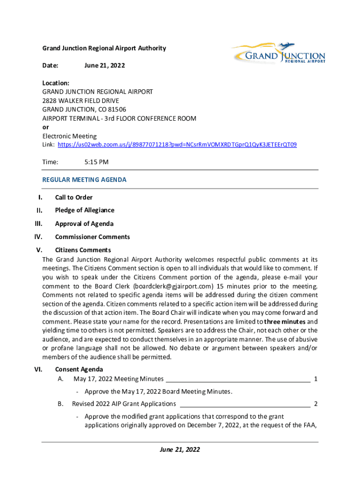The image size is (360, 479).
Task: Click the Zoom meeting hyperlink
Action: click(177, 145)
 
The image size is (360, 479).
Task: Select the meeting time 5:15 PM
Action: click(96, 162)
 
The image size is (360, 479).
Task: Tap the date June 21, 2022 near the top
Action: click(105, 66)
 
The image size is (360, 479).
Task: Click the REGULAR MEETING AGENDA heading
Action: click(85, 180)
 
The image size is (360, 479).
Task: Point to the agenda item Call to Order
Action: click(74, 197)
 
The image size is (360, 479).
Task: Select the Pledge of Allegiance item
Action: click(85, 210)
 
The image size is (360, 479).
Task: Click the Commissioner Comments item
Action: click(93, 237)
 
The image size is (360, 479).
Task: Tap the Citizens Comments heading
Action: click(83, 250)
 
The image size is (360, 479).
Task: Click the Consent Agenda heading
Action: click(79, 370)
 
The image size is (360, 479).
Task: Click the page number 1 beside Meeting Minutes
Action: click(316, 378)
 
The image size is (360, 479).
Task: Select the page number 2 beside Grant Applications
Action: click(316, 404)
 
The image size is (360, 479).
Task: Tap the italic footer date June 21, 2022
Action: click(180, 450)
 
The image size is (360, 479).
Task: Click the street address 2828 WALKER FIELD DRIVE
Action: click(81, 101)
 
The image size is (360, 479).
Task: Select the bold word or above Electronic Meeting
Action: click(46, 127)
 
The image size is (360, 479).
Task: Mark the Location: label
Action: click(56, 83)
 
